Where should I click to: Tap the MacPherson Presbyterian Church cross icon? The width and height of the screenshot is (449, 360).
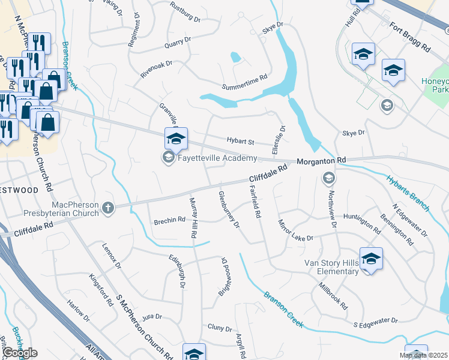click(x=108, y=208)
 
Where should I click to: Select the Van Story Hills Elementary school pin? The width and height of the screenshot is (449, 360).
click(x=371, y=259)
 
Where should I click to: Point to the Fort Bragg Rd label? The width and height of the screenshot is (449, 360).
click(x=410, y=36)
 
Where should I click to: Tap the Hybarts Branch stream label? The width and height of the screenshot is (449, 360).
click(x=408, y=193)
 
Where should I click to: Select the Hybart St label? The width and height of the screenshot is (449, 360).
click(x=241, y=141)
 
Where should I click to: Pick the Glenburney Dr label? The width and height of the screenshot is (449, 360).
click(x=229, y=209)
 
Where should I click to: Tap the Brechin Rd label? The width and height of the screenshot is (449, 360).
click(x=169, y=220)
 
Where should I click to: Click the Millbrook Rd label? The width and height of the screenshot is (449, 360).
click(x=333, y=296)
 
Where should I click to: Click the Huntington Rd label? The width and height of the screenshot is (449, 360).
click(x=362, y=222)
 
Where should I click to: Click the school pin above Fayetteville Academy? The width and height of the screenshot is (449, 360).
click(x=176, y=139)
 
